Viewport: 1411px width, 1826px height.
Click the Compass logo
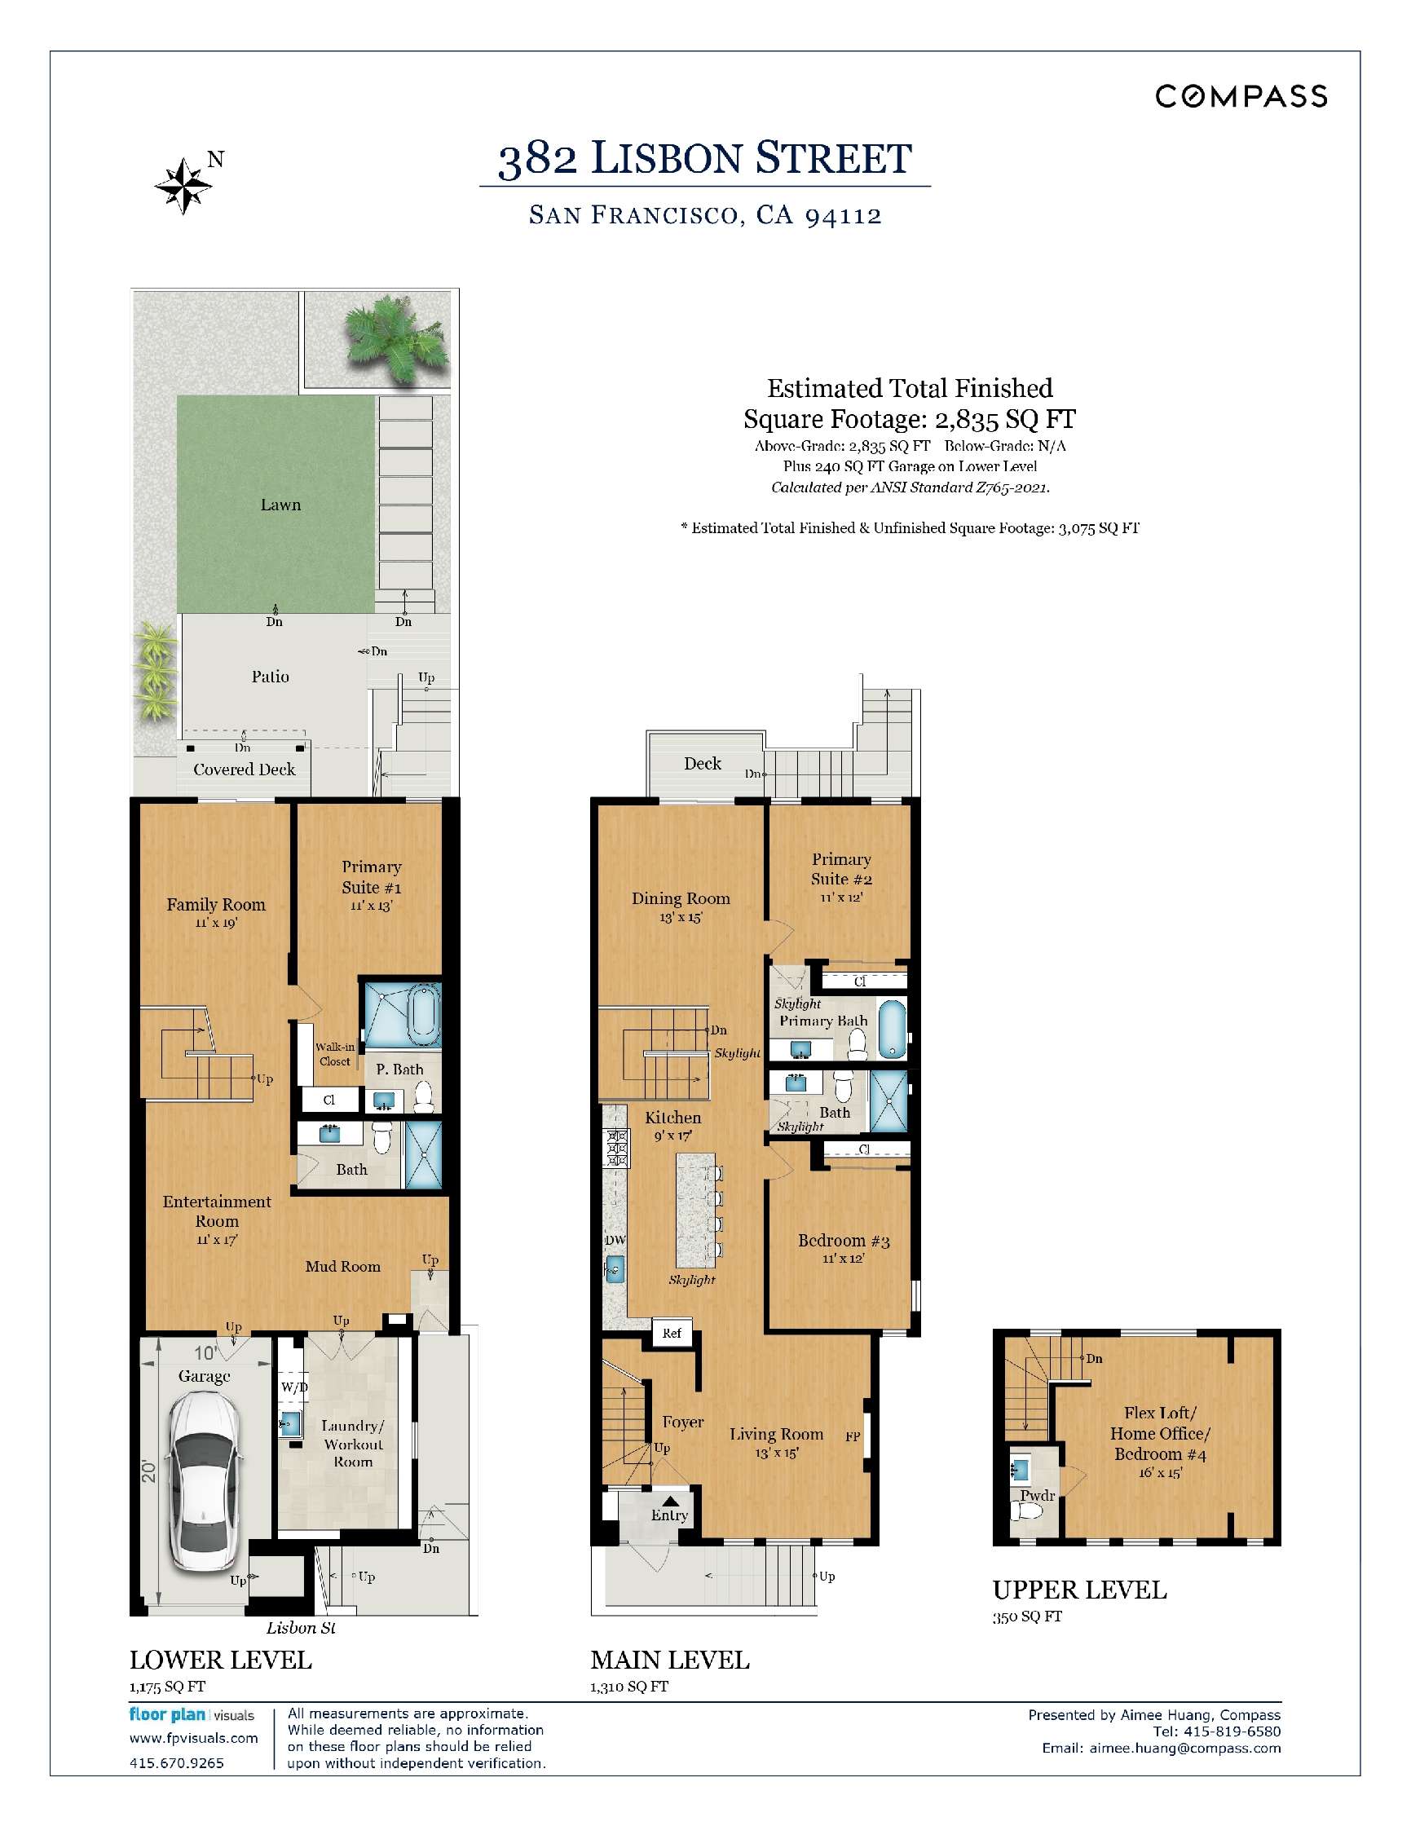[x=1241, y=96]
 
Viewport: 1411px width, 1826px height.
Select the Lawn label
[x=280, y=505]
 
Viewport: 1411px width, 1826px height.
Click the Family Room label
[x=216, y=905]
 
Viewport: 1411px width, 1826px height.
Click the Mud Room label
[x=342, y=1267]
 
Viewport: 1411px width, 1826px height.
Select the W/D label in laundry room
[x=293, y=1387]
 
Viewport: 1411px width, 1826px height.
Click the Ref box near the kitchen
[x=672, y=1334]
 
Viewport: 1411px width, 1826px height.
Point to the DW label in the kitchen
[x=615, y=1240]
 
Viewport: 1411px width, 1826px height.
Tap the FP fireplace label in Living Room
[x=853, y=1436]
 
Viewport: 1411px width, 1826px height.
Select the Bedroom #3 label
[x=844, y=1241]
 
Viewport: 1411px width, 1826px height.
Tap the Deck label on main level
[x=702, y=763]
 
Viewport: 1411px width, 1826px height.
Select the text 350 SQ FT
[x=1027, y=1617]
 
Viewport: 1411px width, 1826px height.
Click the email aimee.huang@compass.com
[x=1184, y=1749]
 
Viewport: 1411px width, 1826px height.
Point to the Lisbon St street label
[x=301, y=1628]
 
